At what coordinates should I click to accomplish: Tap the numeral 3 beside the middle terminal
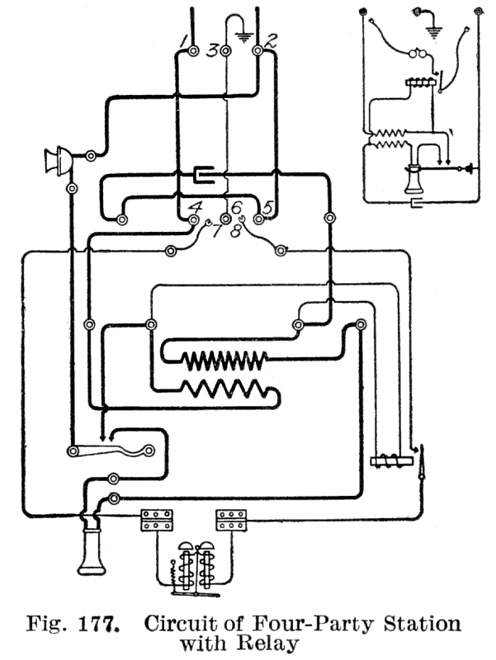[x=213, y=51]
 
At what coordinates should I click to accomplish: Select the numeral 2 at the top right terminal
[x=272, y=40]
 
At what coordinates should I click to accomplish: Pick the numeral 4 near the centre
[x=195, y=207]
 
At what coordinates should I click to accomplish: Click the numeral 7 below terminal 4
[x=216, y=230]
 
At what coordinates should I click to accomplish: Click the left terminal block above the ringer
[x=157, y=521]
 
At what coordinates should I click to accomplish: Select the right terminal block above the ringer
[x=232, y=521]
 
